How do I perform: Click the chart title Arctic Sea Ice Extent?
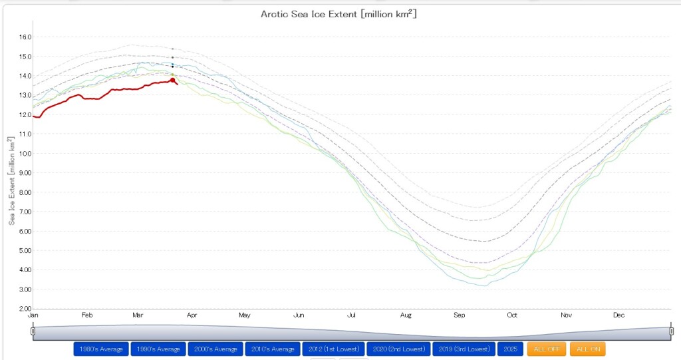[x=339, y=14]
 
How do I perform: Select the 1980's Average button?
[x=100, y=349]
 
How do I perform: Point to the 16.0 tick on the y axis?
[x=25, y=37]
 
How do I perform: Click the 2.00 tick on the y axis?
[x=25, y=309]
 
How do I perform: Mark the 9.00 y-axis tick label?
[x=25, y=173]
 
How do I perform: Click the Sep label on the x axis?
[x=459, y=315]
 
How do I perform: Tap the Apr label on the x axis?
[x=192, y=315]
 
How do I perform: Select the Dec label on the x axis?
[x=619, y=315]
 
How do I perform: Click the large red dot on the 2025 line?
[x=173, y=80]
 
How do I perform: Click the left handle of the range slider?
[x=33, y=331]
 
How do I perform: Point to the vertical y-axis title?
[x=12, y=180]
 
